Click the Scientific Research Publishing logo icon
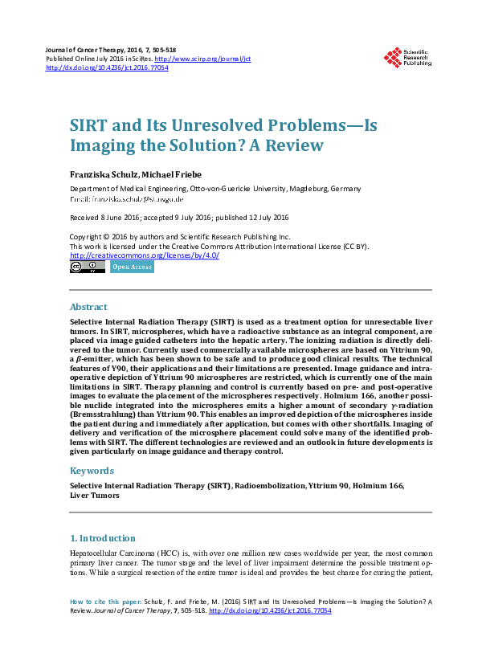click(x=393, y=57)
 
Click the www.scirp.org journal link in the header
click(x=202, y=59)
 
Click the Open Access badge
click(x=132, y=267)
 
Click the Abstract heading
click(x=88, y=307)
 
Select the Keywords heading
click(x=92, y=471)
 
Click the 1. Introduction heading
click(x=102, y=538)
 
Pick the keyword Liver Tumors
click(x=95, y=496)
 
